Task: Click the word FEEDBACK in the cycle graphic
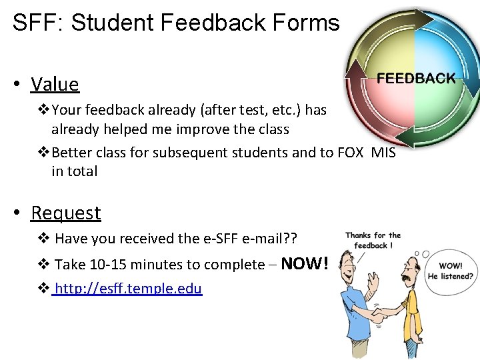click(416, 79)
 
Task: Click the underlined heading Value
click(55, 85)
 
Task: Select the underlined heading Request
click(66, 213)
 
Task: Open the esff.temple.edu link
click(128, 289)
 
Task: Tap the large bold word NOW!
click(305, 264)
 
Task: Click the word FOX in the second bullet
click(351, 153)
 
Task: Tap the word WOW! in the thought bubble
click(451, 266)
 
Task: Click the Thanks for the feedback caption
click(373, 240)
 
